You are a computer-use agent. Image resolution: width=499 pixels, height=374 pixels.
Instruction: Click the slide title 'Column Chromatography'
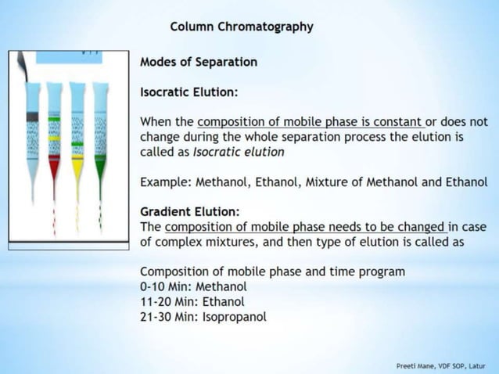click(242, 27)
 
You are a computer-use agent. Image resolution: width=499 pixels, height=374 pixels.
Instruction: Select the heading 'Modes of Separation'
click(198, 62)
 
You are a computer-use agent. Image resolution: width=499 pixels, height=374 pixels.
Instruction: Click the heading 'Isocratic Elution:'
click(188, 92)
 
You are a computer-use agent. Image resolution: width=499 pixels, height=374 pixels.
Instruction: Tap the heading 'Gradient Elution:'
click(189, 212)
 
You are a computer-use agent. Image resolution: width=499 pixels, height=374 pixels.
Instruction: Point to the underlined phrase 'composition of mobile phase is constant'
click(310, 122)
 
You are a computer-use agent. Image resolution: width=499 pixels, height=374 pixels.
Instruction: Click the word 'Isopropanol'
click(235, 317)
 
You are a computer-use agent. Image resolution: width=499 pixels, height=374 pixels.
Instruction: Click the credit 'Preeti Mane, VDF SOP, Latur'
click(440, 365)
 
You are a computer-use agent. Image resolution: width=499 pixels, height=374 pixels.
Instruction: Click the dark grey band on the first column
click(32, 117)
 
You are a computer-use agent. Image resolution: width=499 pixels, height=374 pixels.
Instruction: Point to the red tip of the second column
click(54, 167)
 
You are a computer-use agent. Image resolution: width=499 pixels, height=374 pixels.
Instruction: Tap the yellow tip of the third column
click(77, 167)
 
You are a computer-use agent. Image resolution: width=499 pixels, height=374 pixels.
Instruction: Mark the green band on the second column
click(54, 118)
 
